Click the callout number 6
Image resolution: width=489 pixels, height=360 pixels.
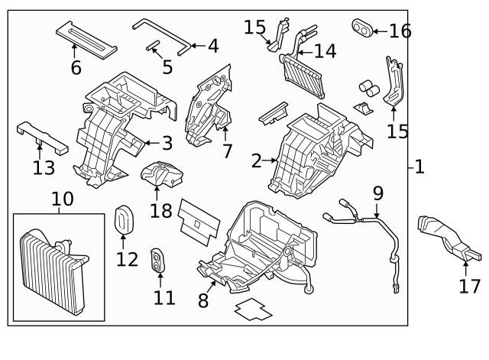[x=76, y=67]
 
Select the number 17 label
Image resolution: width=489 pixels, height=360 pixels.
[x=470, y=287]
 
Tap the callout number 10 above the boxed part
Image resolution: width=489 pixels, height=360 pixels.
[x=62, y=200]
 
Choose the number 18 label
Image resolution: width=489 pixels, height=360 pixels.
[x=160, y=210]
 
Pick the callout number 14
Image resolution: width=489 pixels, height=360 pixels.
[x=324, y=51]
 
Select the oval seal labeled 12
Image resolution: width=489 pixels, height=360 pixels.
[x=124, y=222]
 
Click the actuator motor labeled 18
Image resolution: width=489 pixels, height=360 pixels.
[x=163, y=175]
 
